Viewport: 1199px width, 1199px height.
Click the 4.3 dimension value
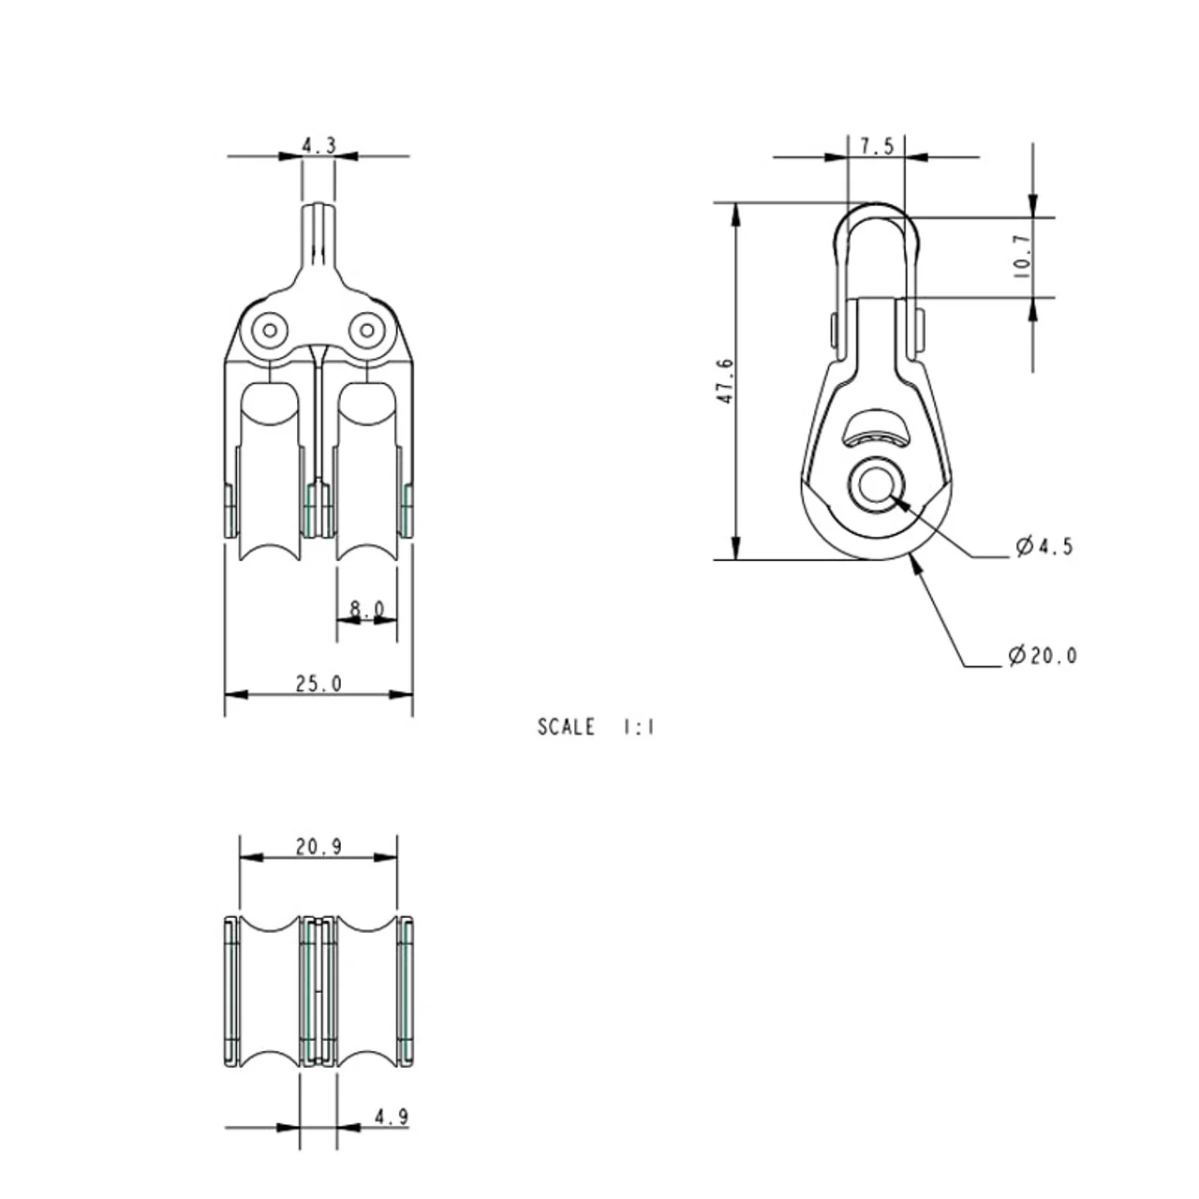[x=318, y=145]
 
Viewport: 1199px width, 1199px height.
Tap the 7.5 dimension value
[x=877, y=147]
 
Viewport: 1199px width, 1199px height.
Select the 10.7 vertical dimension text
[x=1023, y=257]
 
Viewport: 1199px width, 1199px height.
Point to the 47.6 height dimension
[x=726, y=381]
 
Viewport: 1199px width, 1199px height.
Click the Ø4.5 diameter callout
[x=1044, y=546]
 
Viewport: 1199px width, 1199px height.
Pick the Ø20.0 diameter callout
[x=1043, y=655]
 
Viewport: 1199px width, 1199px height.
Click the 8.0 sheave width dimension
[x=366, y=609]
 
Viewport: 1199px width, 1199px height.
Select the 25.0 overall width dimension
[x=318, y=684]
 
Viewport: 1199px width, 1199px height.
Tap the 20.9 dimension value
[x=318, y=847]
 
